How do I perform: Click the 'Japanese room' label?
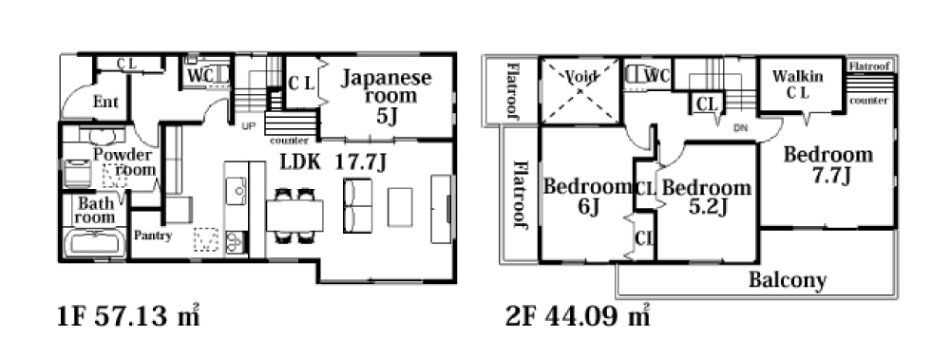(386, 96)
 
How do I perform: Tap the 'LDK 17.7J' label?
(332, 162)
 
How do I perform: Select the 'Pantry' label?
(153, 236)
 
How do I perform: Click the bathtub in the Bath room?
(94, 243)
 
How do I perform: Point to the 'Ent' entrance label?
(105, 102)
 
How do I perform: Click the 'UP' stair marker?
(248, 126)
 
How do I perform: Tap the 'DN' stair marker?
(740, 128)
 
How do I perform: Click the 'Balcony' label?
(788, 280)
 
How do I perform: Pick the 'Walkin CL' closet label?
(798, 85)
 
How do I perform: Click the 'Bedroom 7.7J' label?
(828, 164)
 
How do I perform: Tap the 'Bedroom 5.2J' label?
(707, 197)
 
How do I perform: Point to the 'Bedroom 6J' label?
(587, 196)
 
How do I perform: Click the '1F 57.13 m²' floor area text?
(128, 317)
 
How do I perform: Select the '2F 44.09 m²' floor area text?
(577, 317)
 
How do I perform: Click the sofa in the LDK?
(358, 205)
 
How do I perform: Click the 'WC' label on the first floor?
(200, 76)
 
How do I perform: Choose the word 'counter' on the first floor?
(289, 141)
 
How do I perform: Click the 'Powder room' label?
(123, 161)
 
